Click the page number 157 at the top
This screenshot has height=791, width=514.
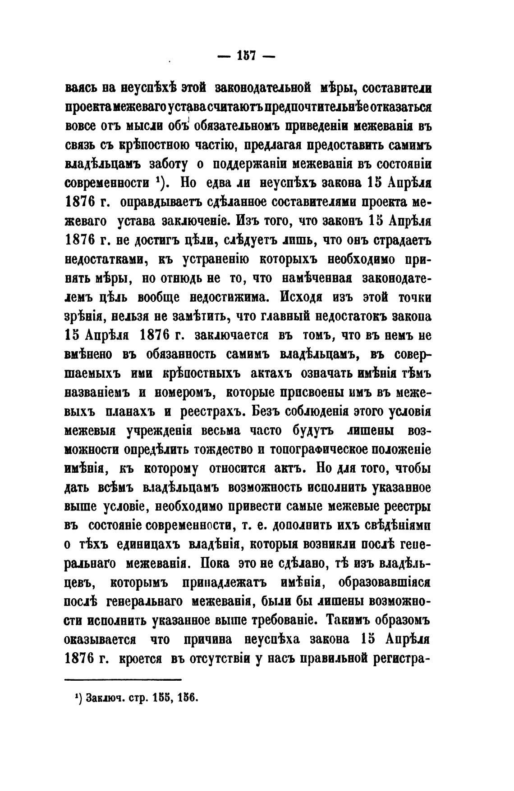(x=246, y=56)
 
